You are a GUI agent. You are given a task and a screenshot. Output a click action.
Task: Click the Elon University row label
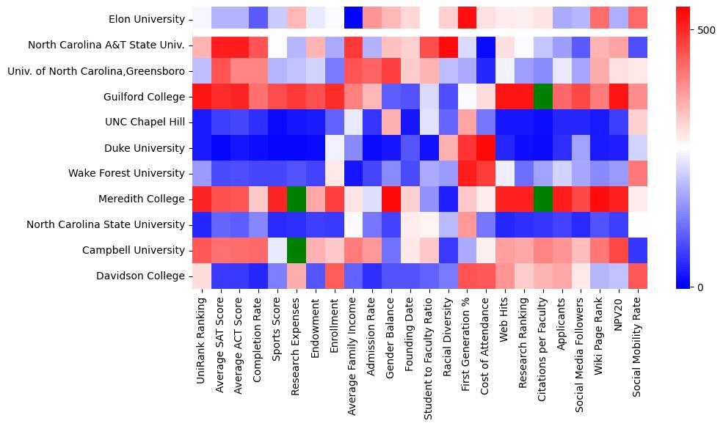(x=146, y=19)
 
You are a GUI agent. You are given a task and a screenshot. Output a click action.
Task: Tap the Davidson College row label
(x=139, y=276)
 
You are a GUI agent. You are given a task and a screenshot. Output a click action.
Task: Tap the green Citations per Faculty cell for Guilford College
(x=544, y=96)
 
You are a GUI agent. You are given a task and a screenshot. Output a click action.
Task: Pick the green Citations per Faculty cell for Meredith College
(x=544, y=199)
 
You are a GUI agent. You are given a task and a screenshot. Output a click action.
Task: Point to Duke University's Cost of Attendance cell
(x=487, y=147)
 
